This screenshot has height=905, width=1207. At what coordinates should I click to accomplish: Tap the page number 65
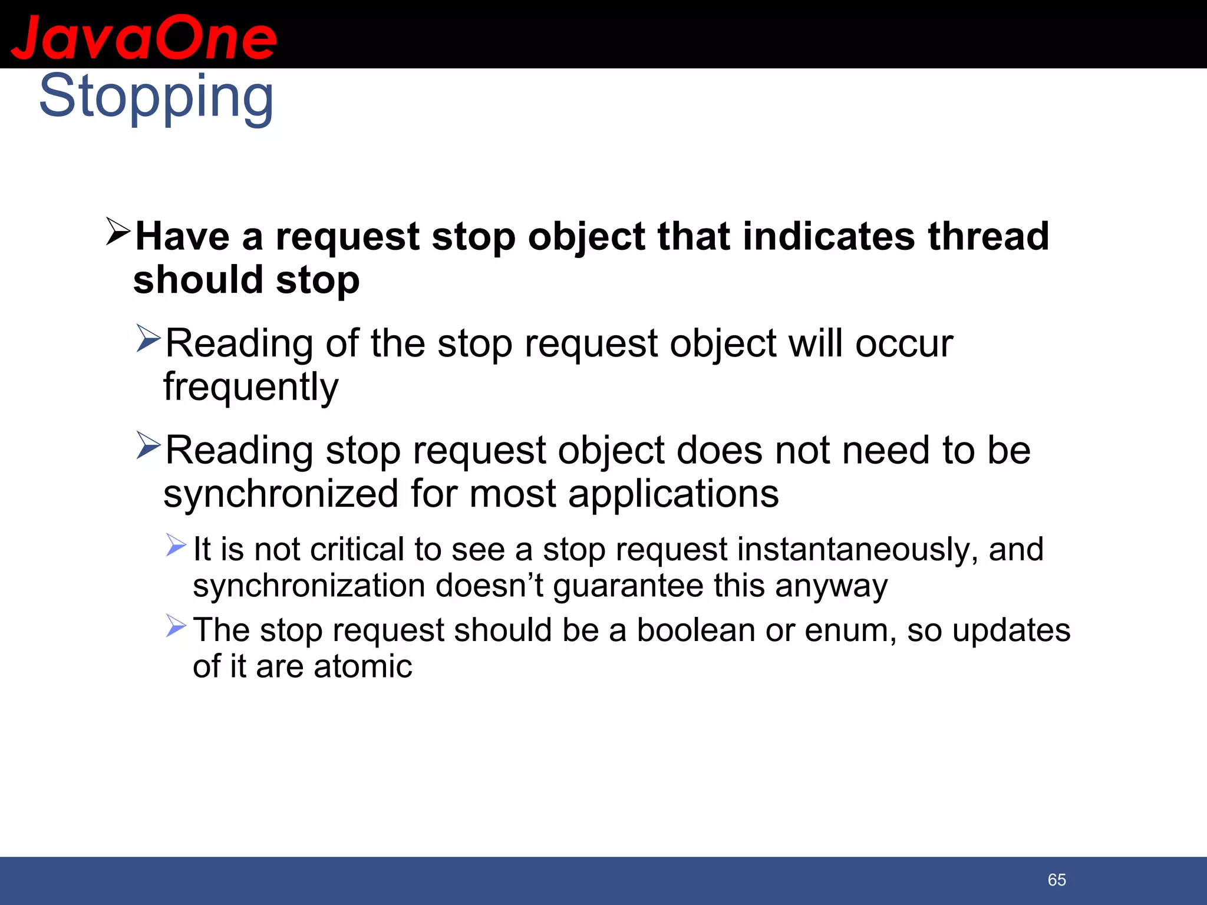[1057, 880]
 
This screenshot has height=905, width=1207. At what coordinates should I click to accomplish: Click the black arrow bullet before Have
[118, 232]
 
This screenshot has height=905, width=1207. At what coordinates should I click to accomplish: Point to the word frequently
[251, 387]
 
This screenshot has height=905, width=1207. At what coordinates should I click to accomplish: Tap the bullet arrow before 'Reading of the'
[148, 338]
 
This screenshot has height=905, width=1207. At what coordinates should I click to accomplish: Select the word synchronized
[281, 494]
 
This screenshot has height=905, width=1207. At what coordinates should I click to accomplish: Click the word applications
[673, 494]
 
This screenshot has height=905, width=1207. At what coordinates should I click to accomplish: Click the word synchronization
[309, 586]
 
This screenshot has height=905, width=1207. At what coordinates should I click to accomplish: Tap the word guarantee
[628, 586]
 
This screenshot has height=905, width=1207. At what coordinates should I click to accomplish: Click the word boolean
[695, 630]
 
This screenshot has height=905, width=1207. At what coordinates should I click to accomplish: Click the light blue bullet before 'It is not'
[176, 544]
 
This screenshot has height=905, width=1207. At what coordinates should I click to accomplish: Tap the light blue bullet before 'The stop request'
[176, 625]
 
